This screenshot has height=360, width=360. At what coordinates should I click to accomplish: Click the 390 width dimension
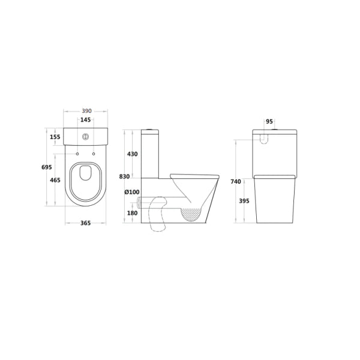point(87,111)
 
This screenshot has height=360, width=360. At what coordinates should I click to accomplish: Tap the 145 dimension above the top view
point(85,119)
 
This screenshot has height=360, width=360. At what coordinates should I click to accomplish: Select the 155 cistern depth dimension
point(55,137)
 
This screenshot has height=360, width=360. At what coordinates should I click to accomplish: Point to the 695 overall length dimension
point(47,167)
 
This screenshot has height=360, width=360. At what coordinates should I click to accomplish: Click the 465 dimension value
point(55,180)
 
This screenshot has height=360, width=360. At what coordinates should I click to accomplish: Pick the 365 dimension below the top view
point(85,223)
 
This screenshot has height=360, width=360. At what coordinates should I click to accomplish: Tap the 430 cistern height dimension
point(132,154)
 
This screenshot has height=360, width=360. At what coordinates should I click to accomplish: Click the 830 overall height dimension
point(124,176)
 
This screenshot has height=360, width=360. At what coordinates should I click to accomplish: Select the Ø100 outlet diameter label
point(132,192)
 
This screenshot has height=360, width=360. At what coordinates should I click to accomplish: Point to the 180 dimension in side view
point(132,213)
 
